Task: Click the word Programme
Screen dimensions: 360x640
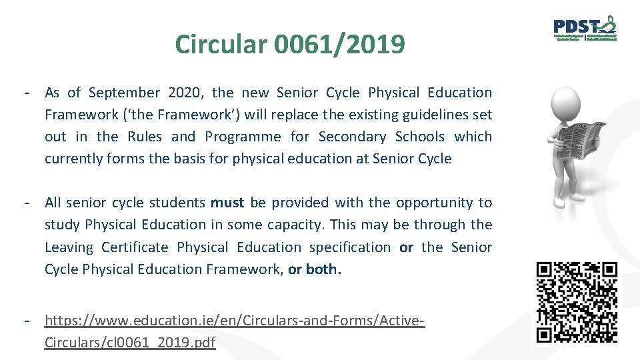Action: pyautogui.click(x=243, y=137)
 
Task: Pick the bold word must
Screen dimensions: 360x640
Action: pyautogui.click(x=227, y=203)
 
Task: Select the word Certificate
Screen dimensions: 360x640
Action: pyautogui.click(x=135, y=247)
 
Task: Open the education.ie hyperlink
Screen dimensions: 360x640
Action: pyautogui.click(x=234, y=321)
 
